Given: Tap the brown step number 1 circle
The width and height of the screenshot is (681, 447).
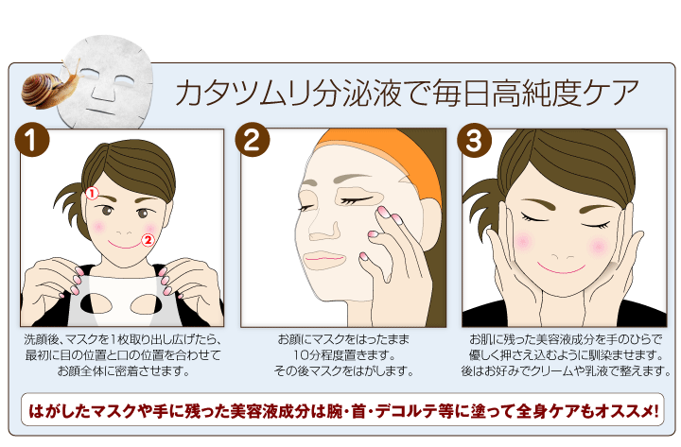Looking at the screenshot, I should tap(33, 143).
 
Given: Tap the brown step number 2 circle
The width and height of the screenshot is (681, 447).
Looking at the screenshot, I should tap(253, 143).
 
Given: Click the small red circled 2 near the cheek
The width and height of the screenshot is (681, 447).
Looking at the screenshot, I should tap(147, 240).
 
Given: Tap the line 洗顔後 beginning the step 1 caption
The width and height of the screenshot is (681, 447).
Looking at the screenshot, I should tap(123, 338).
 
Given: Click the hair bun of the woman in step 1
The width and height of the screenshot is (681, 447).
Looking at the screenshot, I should tap(74, 184).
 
